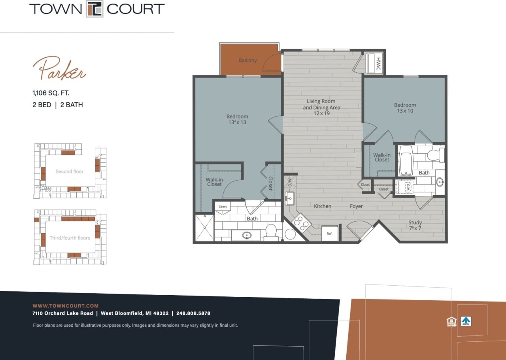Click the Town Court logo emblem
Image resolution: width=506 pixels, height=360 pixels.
95,9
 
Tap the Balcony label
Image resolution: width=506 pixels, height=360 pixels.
247,60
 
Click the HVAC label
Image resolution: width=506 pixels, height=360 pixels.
378,63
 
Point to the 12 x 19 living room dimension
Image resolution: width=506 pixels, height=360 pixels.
321,113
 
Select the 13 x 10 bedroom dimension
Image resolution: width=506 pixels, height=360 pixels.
405,111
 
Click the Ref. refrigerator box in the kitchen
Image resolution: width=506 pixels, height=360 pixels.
329,233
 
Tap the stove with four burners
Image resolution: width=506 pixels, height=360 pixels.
302,222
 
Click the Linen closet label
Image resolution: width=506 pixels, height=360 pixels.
223,207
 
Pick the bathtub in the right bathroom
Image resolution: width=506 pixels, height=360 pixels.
406,161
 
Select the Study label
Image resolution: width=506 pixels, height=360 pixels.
415,222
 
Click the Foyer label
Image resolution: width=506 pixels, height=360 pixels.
356,206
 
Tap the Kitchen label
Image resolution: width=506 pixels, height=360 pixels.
323,206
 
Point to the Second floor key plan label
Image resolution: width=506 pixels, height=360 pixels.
70,172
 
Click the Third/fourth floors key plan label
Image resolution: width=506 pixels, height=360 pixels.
70,238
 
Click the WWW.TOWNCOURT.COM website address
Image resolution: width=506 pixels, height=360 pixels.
65,306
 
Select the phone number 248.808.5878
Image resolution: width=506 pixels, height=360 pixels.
193,313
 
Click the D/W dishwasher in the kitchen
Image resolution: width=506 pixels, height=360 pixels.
289,182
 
